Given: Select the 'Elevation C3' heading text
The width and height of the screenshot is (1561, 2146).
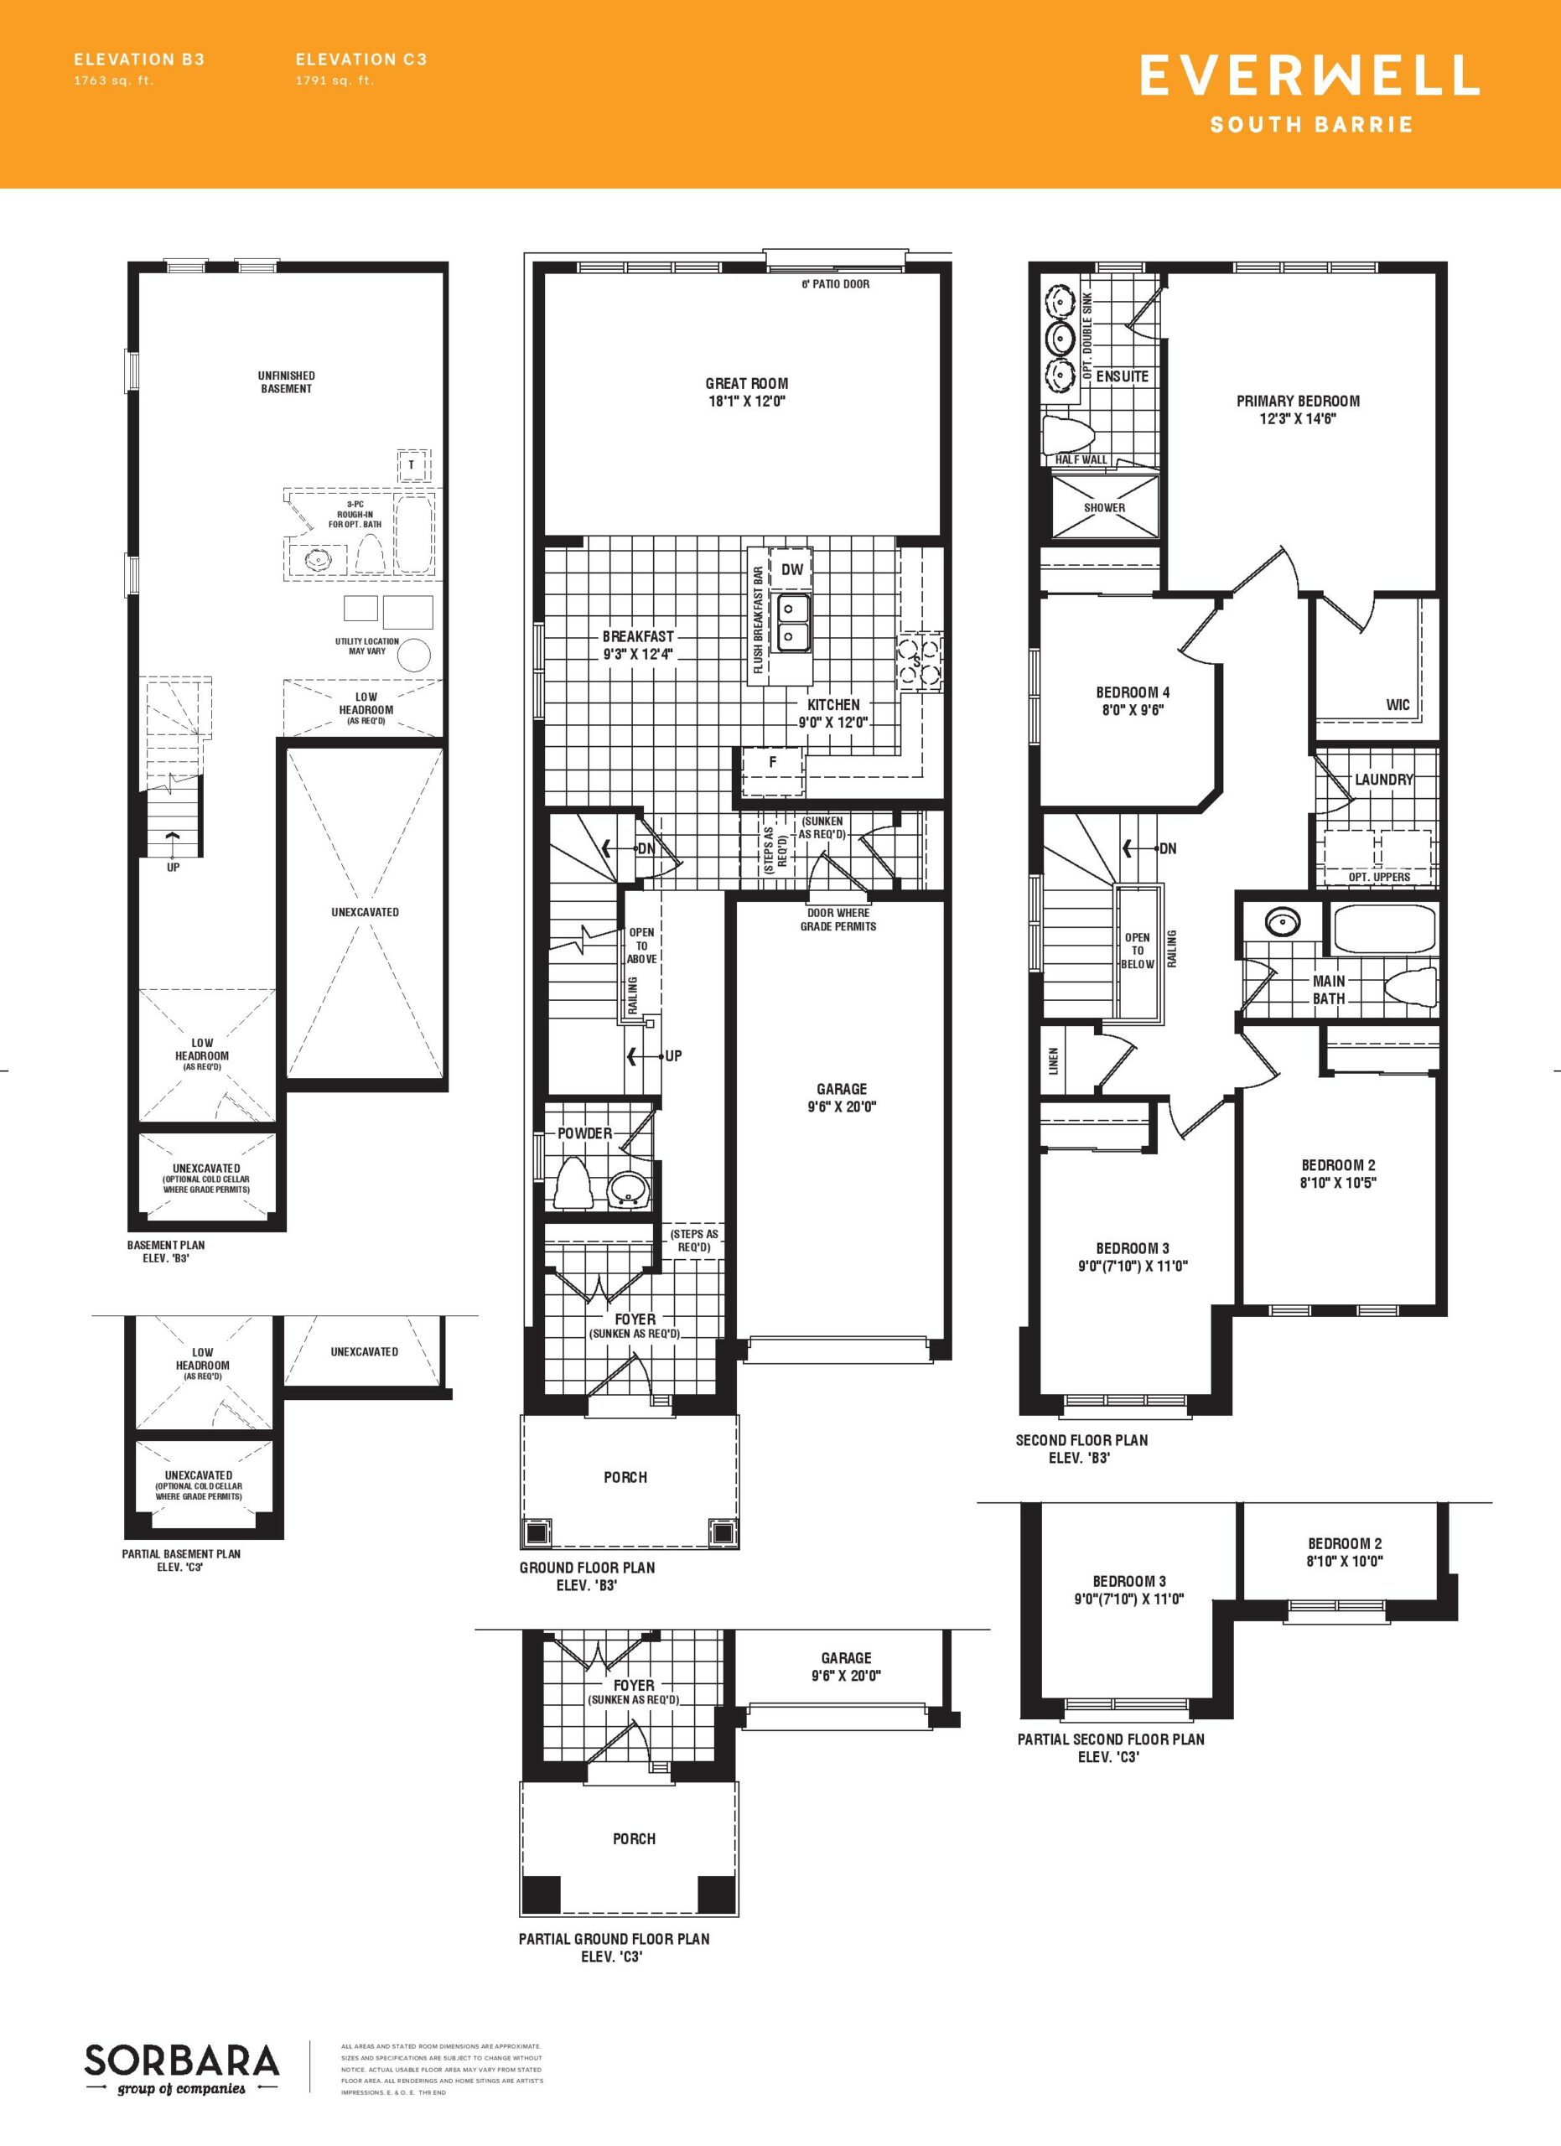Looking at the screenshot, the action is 361,59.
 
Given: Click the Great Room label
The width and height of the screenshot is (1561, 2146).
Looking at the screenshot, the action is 746,383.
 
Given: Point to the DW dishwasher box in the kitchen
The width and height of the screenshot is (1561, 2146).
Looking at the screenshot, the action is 792,568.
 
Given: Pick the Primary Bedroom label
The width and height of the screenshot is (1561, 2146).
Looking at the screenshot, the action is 1298,402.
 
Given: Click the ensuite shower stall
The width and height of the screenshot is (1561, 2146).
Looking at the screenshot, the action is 1104,506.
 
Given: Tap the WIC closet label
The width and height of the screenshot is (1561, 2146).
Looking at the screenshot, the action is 1398,704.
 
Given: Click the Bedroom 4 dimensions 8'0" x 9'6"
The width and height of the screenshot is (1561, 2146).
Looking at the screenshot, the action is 1133,710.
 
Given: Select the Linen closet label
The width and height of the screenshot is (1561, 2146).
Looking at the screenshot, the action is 1054,1060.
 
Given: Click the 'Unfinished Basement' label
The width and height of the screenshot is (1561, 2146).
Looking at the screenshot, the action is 286,382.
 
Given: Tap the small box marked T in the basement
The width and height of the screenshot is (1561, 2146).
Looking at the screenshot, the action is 412,464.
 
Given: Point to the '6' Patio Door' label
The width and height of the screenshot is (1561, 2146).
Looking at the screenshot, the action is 835,284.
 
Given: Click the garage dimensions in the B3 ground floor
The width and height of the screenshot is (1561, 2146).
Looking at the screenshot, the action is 841,1107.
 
